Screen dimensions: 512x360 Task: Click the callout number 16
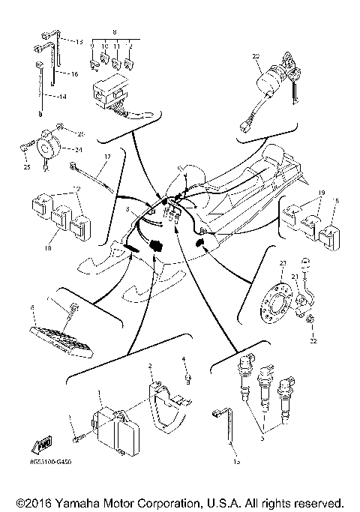click(x=74, y=75)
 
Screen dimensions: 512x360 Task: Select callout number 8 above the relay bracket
click(x=114, y=33)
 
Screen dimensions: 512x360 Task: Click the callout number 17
click(x=107, y=156)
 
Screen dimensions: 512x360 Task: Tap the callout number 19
click(x=320, y=192)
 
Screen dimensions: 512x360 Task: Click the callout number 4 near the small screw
click(x=184, y=359)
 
